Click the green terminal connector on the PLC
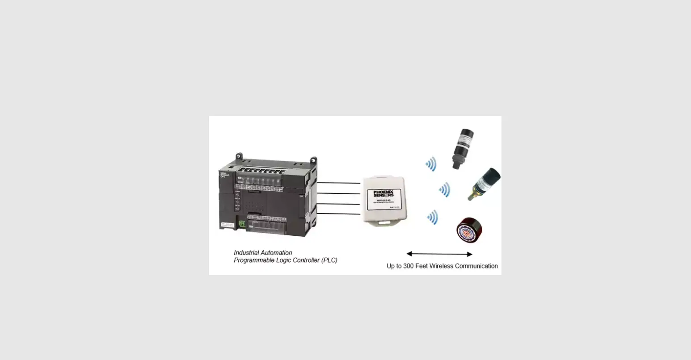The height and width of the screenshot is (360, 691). (242, 223)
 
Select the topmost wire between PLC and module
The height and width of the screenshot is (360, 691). (338, 183)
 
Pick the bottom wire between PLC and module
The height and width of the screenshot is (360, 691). (338, 214)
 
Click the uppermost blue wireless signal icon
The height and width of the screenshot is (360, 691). (431, 164)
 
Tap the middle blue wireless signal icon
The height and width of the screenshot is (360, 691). (444, 190)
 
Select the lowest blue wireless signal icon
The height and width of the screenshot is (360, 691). (432, 218)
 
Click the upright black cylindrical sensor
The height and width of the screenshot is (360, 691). (463, 148)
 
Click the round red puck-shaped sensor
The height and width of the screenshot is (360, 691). (469, 230)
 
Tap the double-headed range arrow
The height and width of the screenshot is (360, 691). (439, 254)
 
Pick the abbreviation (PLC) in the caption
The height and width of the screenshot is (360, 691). (329, 260)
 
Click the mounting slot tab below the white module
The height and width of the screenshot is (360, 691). (384, 222)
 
